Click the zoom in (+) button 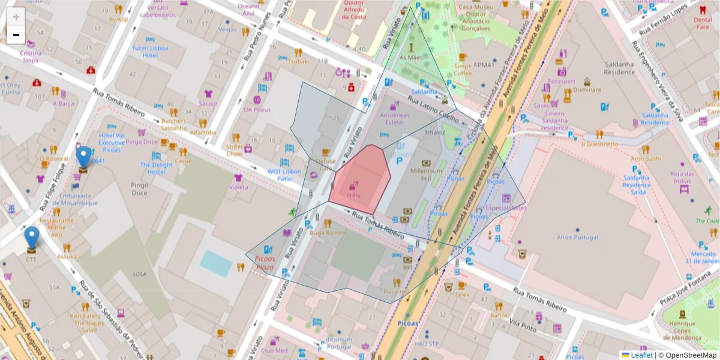pos(16,17)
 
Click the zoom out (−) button pos(16,35)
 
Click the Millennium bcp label pos(426,174)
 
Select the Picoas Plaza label pos(265,263)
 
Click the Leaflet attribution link pos(641,355)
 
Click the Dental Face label pos(703,23)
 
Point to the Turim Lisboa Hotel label pos(150,52)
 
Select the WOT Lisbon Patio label pos(283,175)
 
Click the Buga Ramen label pos(328,232)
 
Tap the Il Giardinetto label pos(599,144)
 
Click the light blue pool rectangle pos(215,263)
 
